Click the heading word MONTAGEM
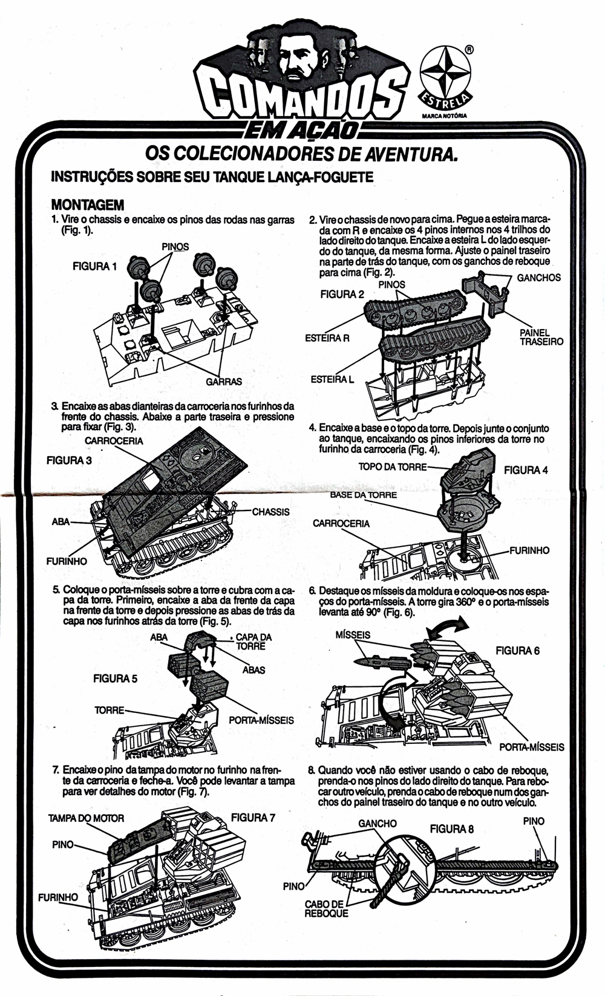88,205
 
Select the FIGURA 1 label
95,266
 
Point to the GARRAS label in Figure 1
224,382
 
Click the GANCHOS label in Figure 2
538,278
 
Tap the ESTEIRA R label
327,339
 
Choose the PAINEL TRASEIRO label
541,337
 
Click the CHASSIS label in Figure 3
270,512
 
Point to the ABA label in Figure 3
60,521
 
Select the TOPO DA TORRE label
393,467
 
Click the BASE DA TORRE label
364,495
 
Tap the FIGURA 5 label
115,679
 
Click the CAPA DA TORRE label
253,642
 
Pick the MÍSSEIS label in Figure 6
353,634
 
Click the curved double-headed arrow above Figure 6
446,626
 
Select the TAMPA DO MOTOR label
86,818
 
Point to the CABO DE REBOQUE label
326,909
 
